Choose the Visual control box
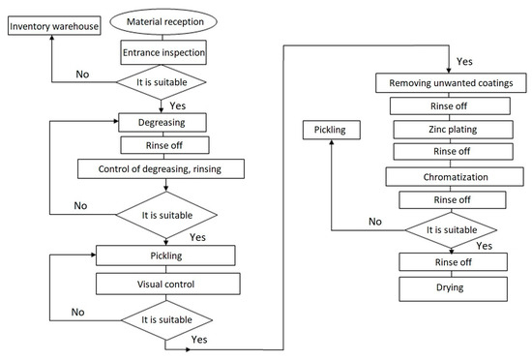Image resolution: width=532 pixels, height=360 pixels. [166, 285]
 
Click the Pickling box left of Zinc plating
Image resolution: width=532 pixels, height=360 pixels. [332, 128]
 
